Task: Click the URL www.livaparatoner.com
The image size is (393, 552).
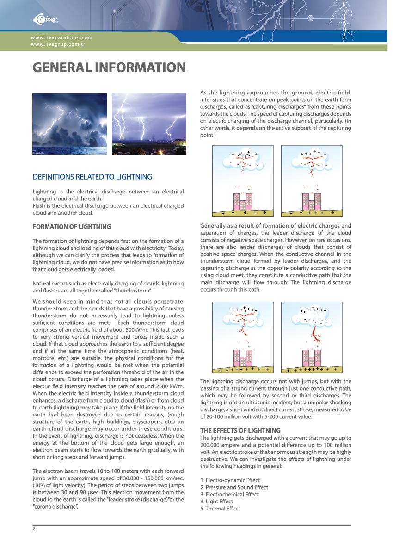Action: pos(61,37)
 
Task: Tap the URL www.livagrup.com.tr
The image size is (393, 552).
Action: pos(58,44)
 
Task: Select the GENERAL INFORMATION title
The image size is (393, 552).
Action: pos(109,68)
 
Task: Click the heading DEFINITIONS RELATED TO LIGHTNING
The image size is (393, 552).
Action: pos(92,177)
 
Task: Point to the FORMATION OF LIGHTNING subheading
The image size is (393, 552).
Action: pos(72,227)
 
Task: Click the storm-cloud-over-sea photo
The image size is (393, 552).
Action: pos(69,124)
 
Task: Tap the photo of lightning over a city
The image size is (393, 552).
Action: pos(149,124)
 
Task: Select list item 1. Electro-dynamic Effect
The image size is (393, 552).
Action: pos(230,480)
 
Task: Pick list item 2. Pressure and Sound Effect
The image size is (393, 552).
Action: pos(234,487)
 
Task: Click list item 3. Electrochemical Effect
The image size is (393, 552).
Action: pos(229,494)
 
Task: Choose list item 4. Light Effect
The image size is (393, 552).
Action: pos(216,501)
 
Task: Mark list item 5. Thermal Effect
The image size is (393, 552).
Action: pos(220,509)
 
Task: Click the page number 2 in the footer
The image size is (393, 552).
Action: pos(34,529)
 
